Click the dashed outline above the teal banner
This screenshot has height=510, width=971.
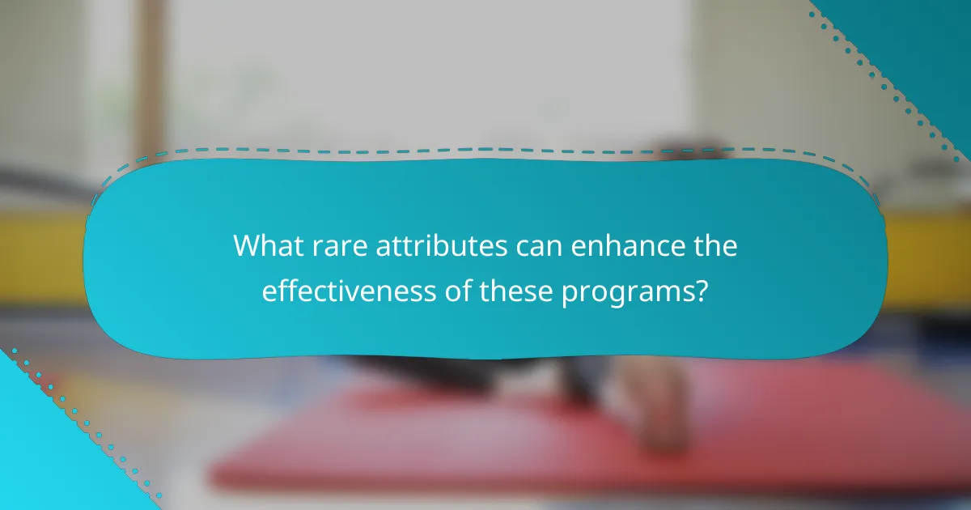(485, 150)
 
